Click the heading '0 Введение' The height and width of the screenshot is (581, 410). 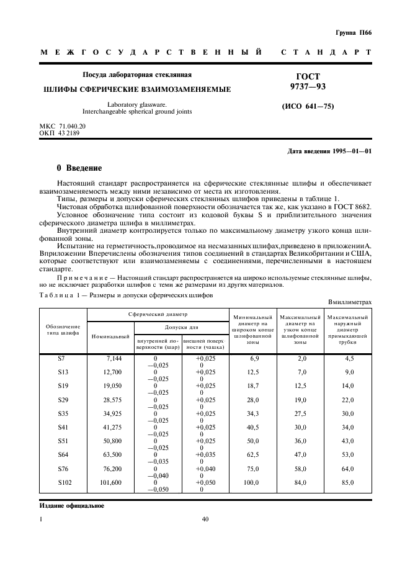tap(79, 168)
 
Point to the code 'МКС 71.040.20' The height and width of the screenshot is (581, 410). tap(63, 126)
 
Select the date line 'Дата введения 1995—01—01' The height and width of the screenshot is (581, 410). tap(330, 151)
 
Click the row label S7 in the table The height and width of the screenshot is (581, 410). tap(61, 359)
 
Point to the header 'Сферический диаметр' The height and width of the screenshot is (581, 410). tap(158, 315)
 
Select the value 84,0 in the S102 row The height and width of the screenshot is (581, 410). tap(301, 482)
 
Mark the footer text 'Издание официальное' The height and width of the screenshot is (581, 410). tap(68, 506)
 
